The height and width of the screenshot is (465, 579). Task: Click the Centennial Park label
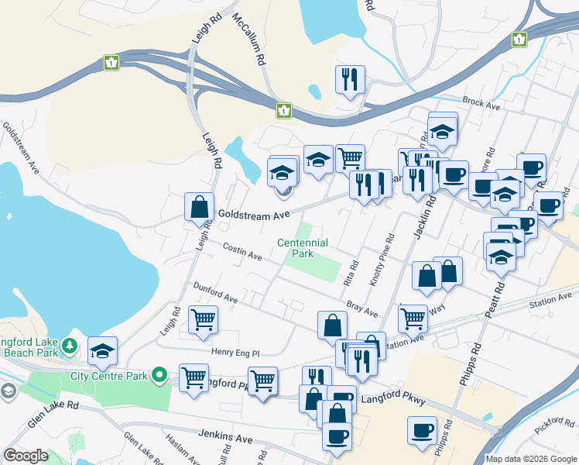(303, 248)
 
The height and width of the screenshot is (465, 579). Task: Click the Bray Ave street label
(361, 309)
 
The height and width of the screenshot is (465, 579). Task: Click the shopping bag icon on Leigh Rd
(199, 207)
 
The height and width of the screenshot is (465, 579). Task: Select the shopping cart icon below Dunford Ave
(203, 319)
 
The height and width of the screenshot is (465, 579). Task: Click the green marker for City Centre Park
(160, 376)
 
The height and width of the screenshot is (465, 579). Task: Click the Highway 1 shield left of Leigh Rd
(112, 63)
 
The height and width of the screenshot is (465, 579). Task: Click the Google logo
(26, 456)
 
